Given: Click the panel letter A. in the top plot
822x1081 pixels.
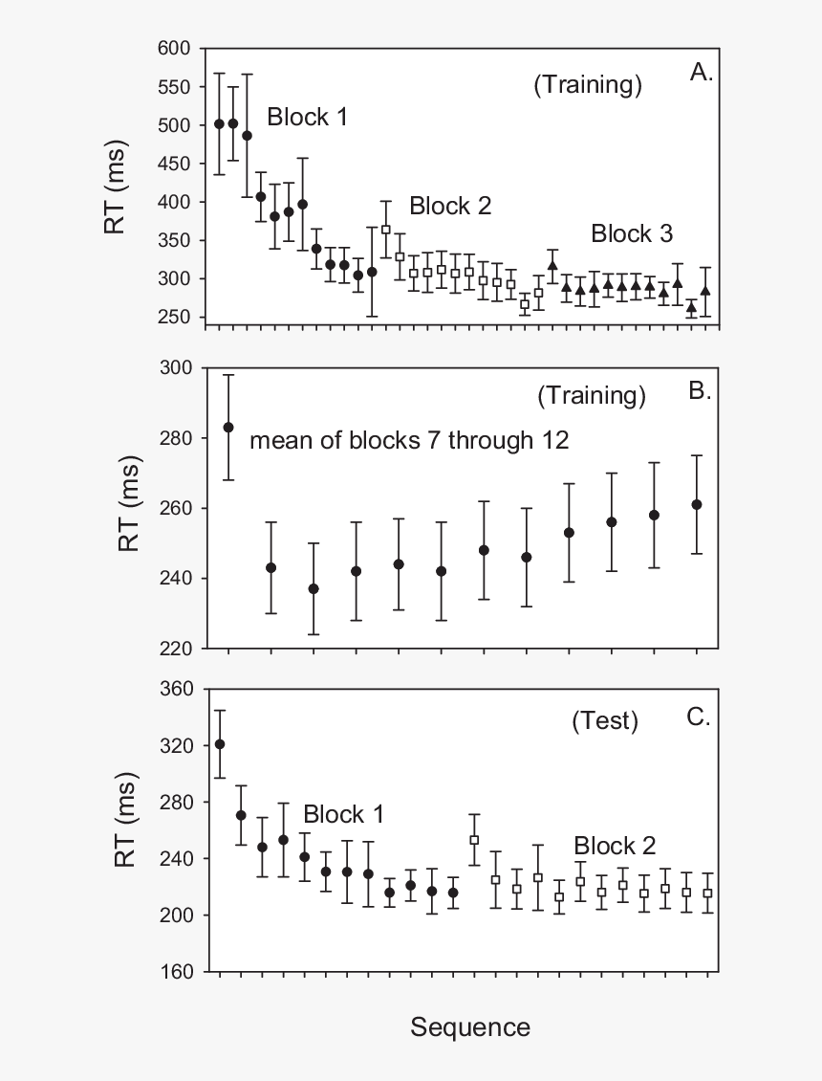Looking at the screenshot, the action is (702, 72).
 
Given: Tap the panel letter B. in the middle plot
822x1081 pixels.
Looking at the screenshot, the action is (700, 391).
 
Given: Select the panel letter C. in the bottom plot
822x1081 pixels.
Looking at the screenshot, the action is (699, 717).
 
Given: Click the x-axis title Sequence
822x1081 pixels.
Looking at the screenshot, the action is (470, 1027).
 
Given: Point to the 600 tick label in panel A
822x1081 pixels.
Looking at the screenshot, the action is (174, 48).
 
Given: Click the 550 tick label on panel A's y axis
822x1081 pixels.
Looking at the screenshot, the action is (174, 87).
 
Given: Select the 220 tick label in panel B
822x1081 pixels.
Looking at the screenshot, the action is (176, 648).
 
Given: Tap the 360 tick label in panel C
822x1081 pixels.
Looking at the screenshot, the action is (176, 689).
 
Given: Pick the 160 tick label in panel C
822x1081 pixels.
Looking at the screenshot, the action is (176, 972).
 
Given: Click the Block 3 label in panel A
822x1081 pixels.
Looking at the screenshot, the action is (632, 233).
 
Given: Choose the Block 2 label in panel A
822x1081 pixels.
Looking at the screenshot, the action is (450, 206).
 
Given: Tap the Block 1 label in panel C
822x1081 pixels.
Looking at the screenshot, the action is (344, 814).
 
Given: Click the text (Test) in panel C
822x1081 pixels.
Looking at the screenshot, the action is (605, 720).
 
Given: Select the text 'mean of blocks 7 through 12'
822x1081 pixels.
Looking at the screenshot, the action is (409, 440).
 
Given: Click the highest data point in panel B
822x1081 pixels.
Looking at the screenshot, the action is (228, 428).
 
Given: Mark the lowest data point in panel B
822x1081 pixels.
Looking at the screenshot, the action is (314, 588).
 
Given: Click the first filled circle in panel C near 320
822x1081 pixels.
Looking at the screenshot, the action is (220, 744).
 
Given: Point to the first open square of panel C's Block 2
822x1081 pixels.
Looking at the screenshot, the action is (474, 840).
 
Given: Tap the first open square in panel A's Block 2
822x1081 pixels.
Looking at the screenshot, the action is (386, 229).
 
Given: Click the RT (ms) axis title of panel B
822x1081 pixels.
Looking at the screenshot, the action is (129, 503).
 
